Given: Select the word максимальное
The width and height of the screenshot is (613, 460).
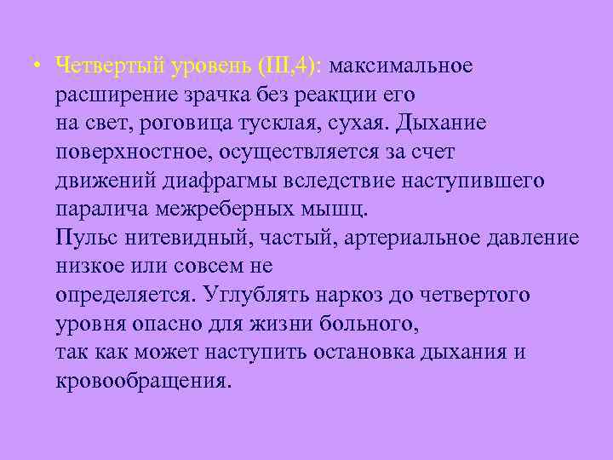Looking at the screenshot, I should (x=402, y=66).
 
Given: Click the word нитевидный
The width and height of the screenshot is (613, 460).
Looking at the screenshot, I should (x=175, y=239).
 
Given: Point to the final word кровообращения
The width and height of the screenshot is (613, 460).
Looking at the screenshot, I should (x=142, y=382).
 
